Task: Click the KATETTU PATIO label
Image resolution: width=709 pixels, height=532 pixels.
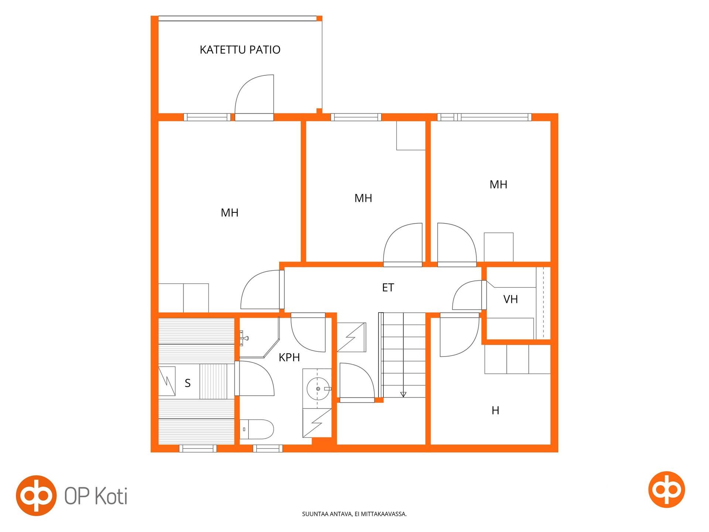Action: point(240,50)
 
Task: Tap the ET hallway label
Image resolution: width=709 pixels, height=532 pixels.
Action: point(388,288)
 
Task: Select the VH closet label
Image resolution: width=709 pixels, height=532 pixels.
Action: point(511,299)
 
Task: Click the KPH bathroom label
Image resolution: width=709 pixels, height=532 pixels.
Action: point(289,358)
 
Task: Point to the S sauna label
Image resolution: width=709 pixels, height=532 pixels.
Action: point(188,383)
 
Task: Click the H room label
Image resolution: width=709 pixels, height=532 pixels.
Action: point(496,410)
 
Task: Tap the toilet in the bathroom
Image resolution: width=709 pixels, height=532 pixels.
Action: point(257,429)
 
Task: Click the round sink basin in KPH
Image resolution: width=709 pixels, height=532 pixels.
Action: point(318,389)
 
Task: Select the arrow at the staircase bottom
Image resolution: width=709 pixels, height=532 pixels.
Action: point(403,394)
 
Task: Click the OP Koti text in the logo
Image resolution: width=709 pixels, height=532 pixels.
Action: point(96,496)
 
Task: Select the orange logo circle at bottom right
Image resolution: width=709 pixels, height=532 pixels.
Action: point(667,490)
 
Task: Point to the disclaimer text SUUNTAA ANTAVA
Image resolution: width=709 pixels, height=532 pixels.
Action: point(354,514)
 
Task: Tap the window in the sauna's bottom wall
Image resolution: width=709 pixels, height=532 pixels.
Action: point(198,449)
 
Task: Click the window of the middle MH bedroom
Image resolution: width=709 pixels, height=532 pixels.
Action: point(356,117)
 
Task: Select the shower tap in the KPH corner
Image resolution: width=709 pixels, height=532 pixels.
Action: point(244,337)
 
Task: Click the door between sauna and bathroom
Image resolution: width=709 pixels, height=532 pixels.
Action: point(255,378)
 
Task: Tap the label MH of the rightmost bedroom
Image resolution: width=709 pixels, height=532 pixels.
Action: point(498,185)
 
